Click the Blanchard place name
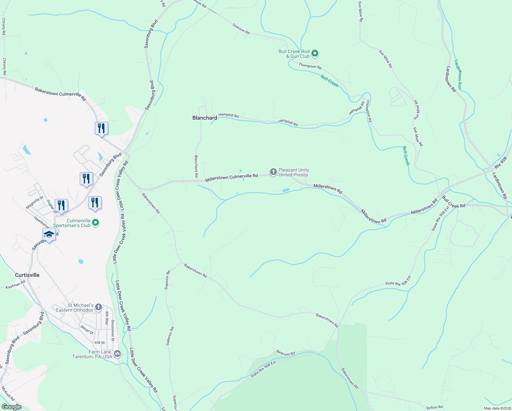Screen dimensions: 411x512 [x=205, y=118]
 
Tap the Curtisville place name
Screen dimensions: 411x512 [x=27, y=275]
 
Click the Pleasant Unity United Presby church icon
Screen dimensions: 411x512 [x=273, y=172]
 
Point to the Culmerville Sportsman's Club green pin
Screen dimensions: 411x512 [x=96, y=223]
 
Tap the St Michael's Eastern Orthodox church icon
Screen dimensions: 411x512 [x=99, y=307]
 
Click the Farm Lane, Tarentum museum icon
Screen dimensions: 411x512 [x=117, y=353]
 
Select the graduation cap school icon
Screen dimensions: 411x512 [x=49, y=235]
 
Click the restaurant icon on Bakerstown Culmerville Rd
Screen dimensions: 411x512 [x=101, y=128]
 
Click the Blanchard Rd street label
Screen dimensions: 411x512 [x=196, y=166]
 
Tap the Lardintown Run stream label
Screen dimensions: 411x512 [x=458, y=75]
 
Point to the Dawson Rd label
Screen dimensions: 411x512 [x=241, y=29]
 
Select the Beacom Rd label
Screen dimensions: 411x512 [x=285, y=353]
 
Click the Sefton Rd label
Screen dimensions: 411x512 [x=434, y=407]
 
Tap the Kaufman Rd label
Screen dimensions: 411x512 [x=15, y=285]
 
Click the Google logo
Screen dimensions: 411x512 [x=11, y=407]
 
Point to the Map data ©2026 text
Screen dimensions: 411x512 [x=497, y=408]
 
